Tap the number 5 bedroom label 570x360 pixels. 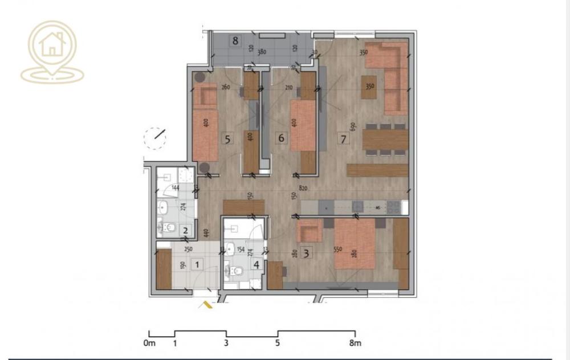227,138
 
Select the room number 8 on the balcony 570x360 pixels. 235,40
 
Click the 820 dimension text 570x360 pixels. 303,188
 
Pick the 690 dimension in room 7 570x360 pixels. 353,126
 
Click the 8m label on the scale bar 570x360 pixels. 355,343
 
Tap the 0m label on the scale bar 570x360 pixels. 149,343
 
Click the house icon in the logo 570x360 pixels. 52,44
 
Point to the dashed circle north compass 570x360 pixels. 154,138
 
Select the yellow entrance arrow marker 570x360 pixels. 205,305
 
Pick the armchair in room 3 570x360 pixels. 309,231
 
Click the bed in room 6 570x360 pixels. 303,125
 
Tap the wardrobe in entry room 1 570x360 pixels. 164,269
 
